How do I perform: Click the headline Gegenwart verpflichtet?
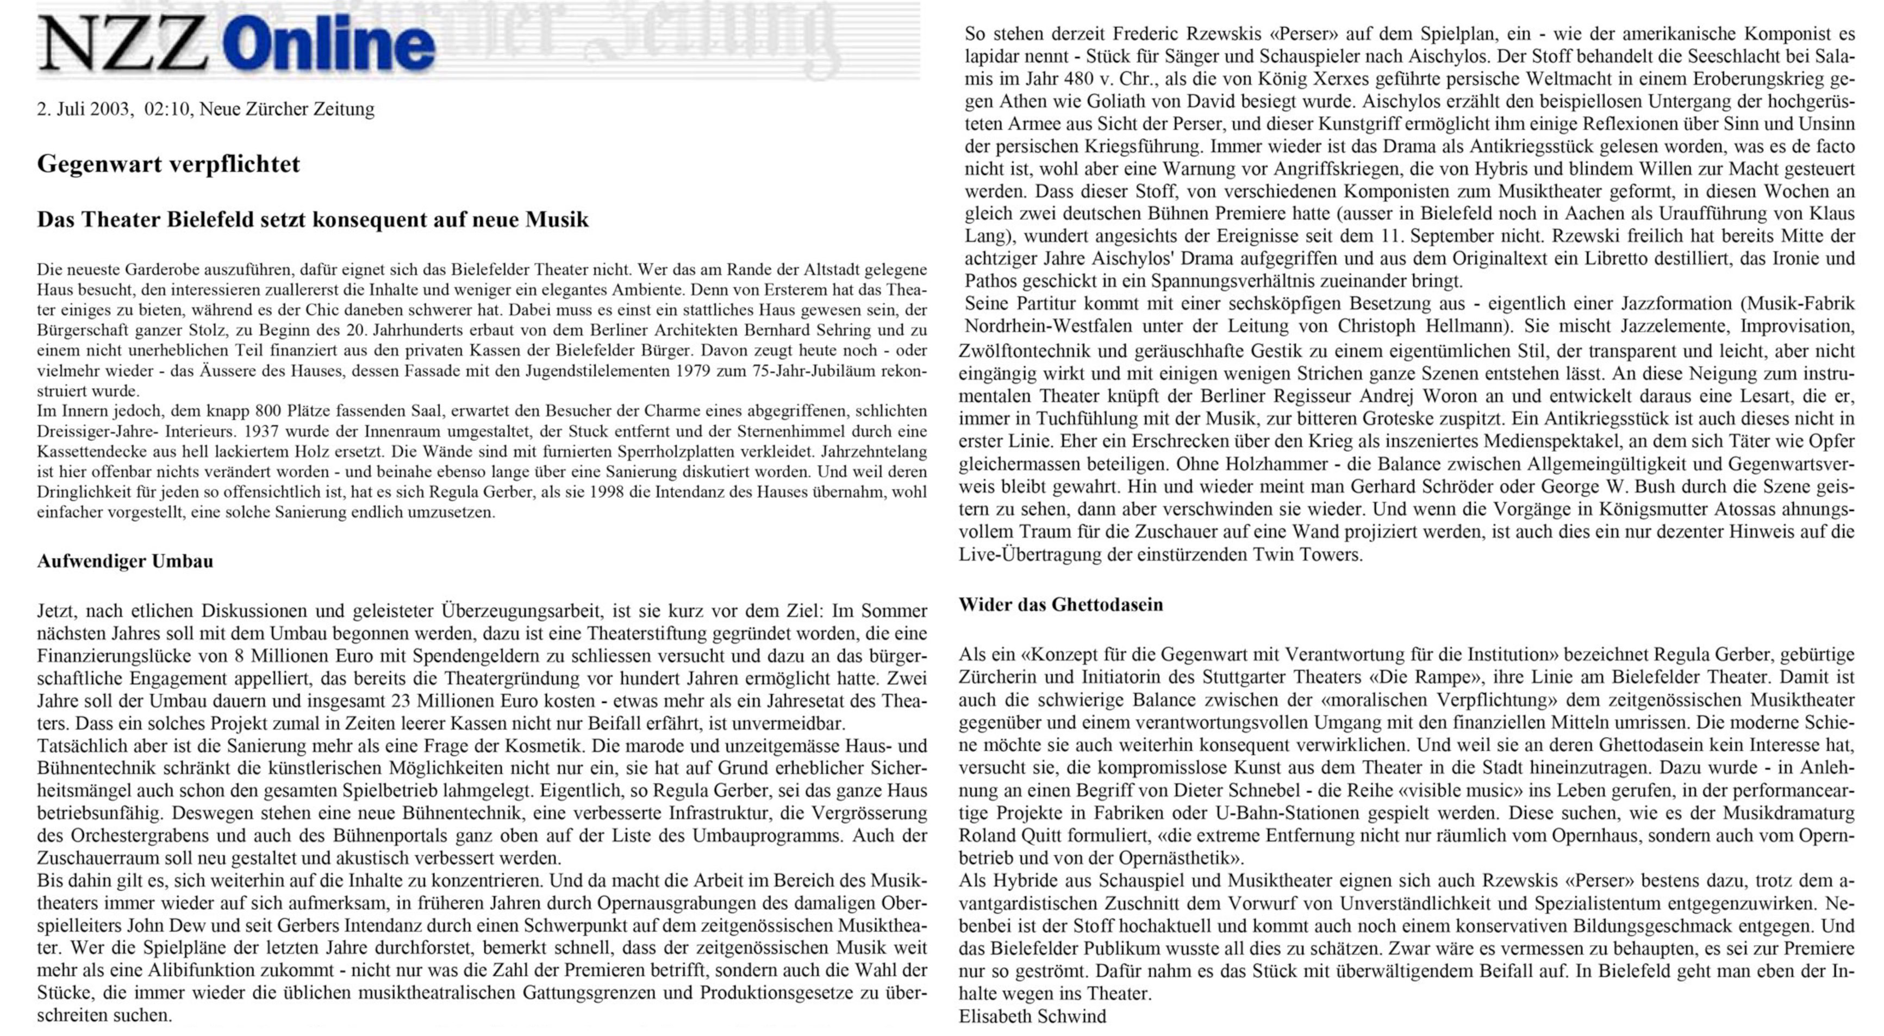click(168, 164)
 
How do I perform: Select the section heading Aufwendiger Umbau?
click(125, 561)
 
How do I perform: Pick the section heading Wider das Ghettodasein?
click(1060, 604)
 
